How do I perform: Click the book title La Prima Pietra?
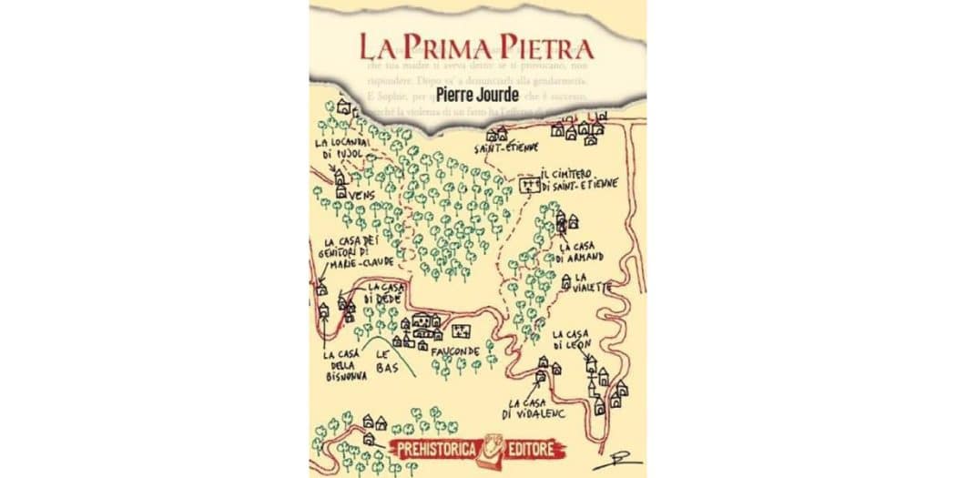(475, 46)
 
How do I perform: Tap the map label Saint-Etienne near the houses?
(506, 147)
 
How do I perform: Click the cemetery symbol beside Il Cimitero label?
(527, 185)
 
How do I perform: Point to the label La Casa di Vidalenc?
(538, 409)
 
